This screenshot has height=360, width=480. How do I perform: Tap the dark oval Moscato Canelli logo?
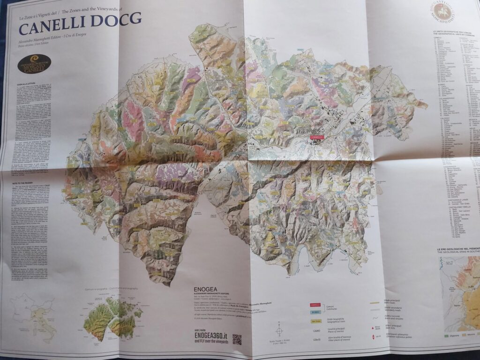click(34, 63)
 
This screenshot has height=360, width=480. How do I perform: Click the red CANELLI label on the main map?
click(318, 137)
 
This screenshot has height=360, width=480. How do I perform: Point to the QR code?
click(237, 339)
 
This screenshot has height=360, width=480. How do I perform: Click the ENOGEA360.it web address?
click(210, 334)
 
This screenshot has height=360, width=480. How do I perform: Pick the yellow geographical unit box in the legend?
click(315, 322)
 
